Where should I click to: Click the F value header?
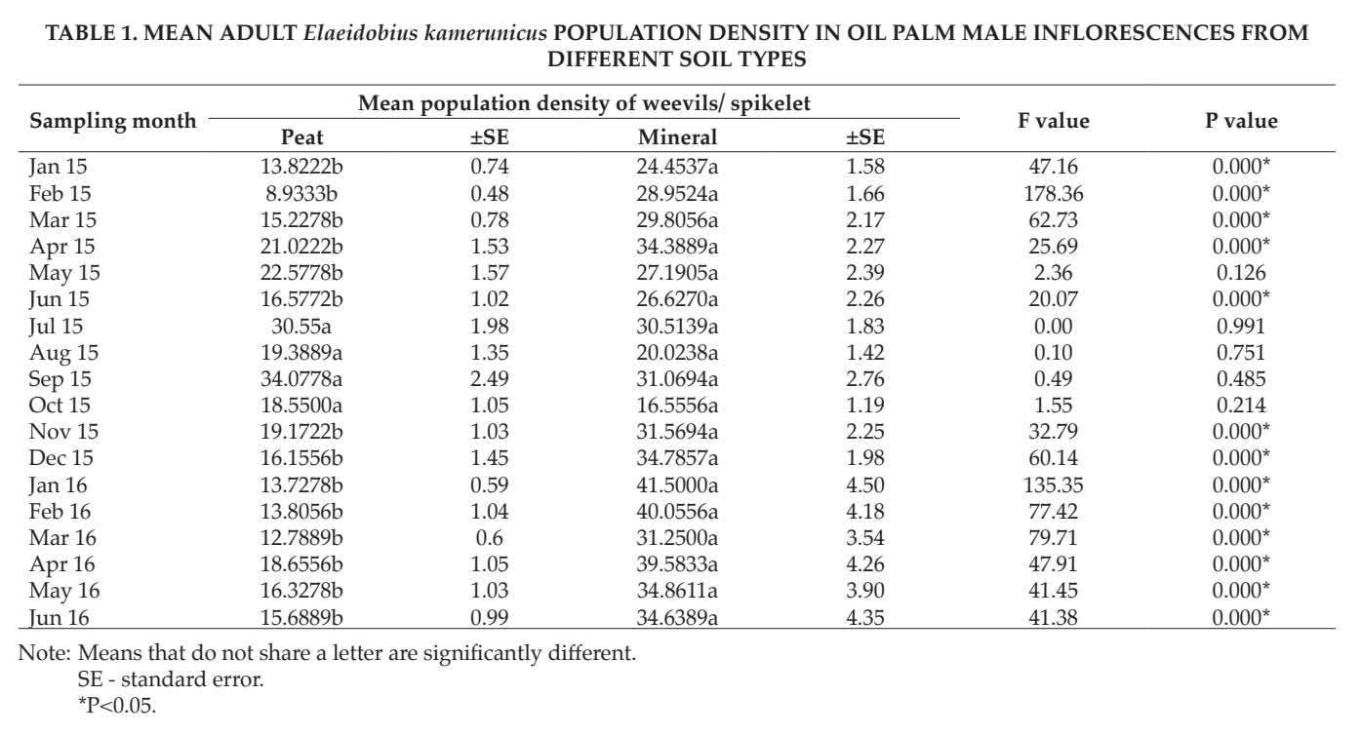(x=1053, y=121)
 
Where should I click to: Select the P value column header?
(x=1241, y=121)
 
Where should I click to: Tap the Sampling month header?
(x=113, y=121)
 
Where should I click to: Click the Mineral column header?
(x=677, y=137)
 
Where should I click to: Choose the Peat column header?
(x=302, y=137)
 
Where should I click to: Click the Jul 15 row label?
(x=56, y=327)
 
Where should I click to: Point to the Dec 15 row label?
(x=60, y=458)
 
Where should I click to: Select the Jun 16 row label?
(x=59, y=618)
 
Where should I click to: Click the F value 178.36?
(x=1053, y=194)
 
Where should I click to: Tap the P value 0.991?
(x=1241, y=327)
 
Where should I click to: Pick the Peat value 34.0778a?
(x=301, y=379)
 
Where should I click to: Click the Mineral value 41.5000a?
(x=677, y=485)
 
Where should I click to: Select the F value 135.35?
(x=1053, y=485)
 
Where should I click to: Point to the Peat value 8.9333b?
(x=301, y=194)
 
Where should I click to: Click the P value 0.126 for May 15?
(x=1241, y=273)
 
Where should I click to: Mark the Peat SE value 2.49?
(x=490, y=379)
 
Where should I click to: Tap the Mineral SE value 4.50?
(x=865, y=485)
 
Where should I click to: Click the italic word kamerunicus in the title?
(x=485, y=33)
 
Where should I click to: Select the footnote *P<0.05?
(x=117, y=705)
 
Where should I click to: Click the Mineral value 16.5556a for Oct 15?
(x=677, y=405)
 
